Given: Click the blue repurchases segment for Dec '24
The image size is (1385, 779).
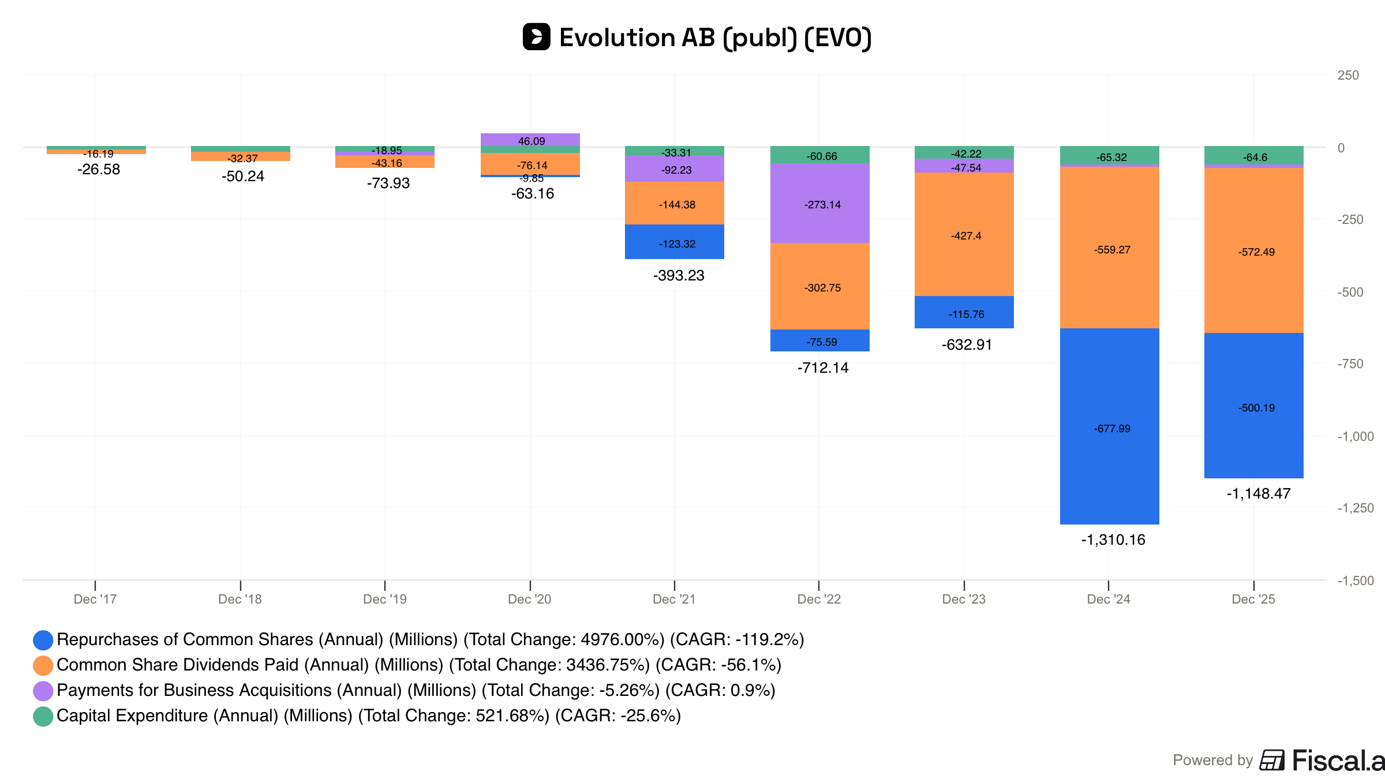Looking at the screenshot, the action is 1109,426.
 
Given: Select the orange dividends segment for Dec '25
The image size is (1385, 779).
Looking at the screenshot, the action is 1253,250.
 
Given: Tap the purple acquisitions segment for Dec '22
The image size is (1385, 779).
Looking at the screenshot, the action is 819,203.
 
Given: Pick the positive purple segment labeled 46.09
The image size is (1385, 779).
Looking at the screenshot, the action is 530,140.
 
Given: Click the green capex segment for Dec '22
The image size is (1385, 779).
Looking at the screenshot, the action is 819,155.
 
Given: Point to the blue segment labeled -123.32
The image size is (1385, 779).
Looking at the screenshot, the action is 675,242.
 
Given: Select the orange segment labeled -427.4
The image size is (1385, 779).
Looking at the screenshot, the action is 964,234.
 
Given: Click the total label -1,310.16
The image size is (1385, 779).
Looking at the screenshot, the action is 1113,540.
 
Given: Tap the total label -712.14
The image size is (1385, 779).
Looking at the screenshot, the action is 823,368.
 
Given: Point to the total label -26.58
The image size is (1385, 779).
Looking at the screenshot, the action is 99,170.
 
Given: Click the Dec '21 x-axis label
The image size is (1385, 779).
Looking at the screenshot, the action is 674,600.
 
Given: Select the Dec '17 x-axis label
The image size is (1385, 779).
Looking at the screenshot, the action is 95,600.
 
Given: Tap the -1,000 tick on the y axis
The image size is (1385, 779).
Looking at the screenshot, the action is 1356,436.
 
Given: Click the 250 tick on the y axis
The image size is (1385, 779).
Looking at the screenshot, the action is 1349,76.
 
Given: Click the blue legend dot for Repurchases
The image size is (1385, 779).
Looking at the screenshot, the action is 43,640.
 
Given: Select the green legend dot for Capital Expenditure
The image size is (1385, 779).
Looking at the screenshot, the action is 43,716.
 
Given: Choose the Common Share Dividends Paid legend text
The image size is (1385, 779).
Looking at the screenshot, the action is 419,665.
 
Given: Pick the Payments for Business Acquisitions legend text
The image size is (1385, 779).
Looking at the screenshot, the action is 416,691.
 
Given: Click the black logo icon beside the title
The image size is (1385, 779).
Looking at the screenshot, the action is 537,37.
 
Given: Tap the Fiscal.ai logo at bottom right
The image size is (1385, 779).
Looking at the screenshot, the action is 1322,761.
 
